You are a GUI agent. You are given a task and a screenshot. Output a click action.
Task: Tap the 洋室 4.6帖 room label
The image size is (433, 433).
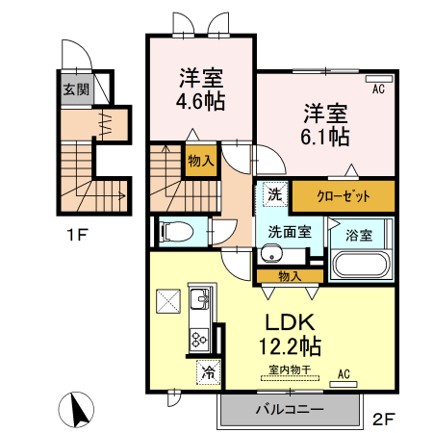pyautogui.click(x=200, y=89)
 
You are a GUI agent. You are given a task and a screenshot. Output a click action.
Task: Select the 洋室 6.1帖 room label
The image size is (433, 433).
pyautogui.click(x=326, y=123)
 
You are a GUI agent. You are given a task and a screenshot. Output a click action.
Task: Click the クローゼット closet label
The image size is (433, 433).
pyautogui.click(x=344, y=194)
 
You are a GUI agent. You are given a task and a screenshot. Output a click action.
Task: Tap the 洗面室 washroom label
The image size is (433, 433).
pyautogui.click(x=288, y=231)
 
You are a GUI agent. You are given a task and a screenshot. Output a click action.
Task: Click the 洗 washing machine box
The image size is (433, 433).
pyautogui.click(x=274, y=193)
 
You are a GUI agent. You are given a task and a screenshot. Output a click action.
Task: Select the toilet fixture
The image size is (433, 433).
pyautogui.click(x=174, y=231)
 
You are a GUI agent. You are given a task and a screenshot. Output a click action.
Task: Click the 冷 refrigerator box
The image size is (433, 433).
pyautogui.click(x=206, y=369)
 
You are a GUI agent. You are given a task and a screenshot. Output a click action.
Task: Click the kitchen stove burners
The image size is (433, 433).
pyautogui.click(x=201, y=338)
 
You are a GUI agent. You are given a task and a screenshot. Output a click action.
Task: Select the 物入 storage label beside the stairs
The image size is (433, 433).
pyautogui.click(x=200, y=163)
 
